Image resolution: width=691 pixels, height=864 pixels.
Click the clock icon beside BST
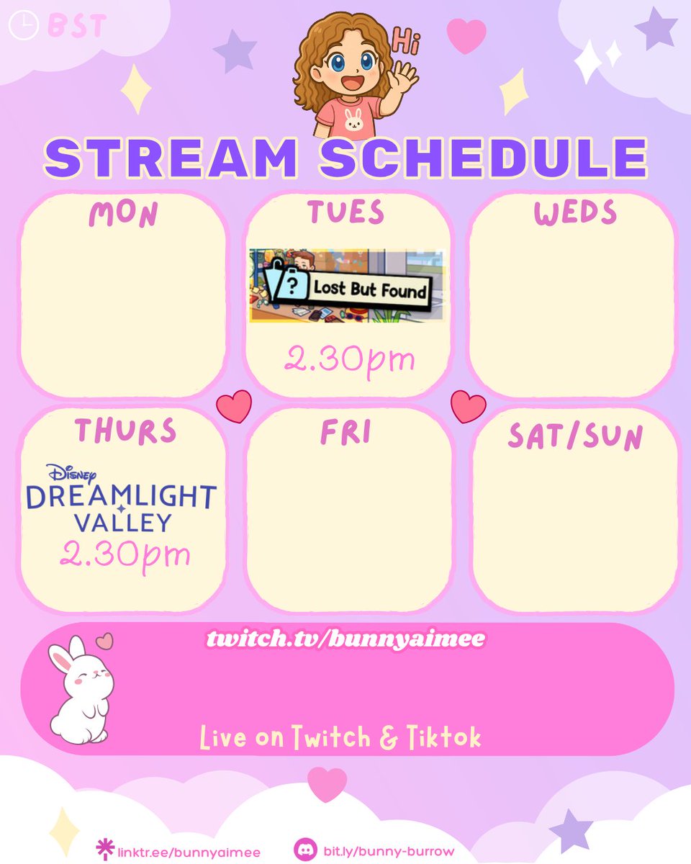tap(23, 27)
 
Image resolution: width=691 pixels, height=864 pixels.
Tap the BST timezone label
tap(76, 27)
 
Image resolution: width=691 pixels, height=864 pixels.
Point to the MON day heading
tap(123, 214)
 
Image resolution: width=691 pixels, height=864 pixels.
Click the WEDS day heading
tap(575, 213)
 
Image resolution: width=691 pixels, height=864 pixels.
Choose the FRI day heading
tap(345, 433)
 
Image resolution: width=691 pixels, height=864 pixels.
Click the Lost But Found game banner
tap(346, 286)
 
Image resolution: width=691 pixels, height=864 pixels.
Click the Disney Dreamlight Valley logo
tap(122, 498)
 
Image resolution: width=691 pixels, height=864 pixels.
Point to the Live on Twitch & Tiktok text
tap(340, 737)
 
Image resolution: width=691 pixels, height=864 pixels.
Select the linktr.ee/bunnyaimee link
tap(188, 851)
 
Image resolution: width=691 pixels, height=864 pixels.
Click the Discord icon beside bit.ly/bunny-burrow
tap(304, 850)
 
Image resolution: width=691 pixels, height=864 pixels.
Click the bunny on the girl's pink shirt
tap(353, 123)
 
